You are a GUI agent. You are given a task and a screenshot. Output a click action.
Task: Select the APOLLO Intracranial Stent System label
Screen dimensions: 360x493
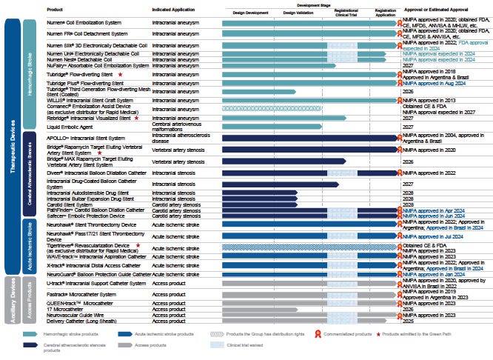pyautogui.click(x=86, y=138)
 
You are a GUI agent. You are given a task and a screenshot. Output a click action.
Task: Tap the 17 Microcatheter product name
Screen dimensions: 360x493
pyautogui.click(x=64, y=309)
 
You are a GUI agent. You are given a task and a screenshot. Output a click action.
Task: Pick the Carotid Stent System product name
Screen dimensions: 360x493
pyautogui.click(x=67, y=204)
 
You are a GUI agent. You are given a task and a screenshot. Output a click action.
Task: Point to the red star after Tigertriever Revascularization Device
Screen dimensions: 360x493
pyautogui.click(x=137, y=244)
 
